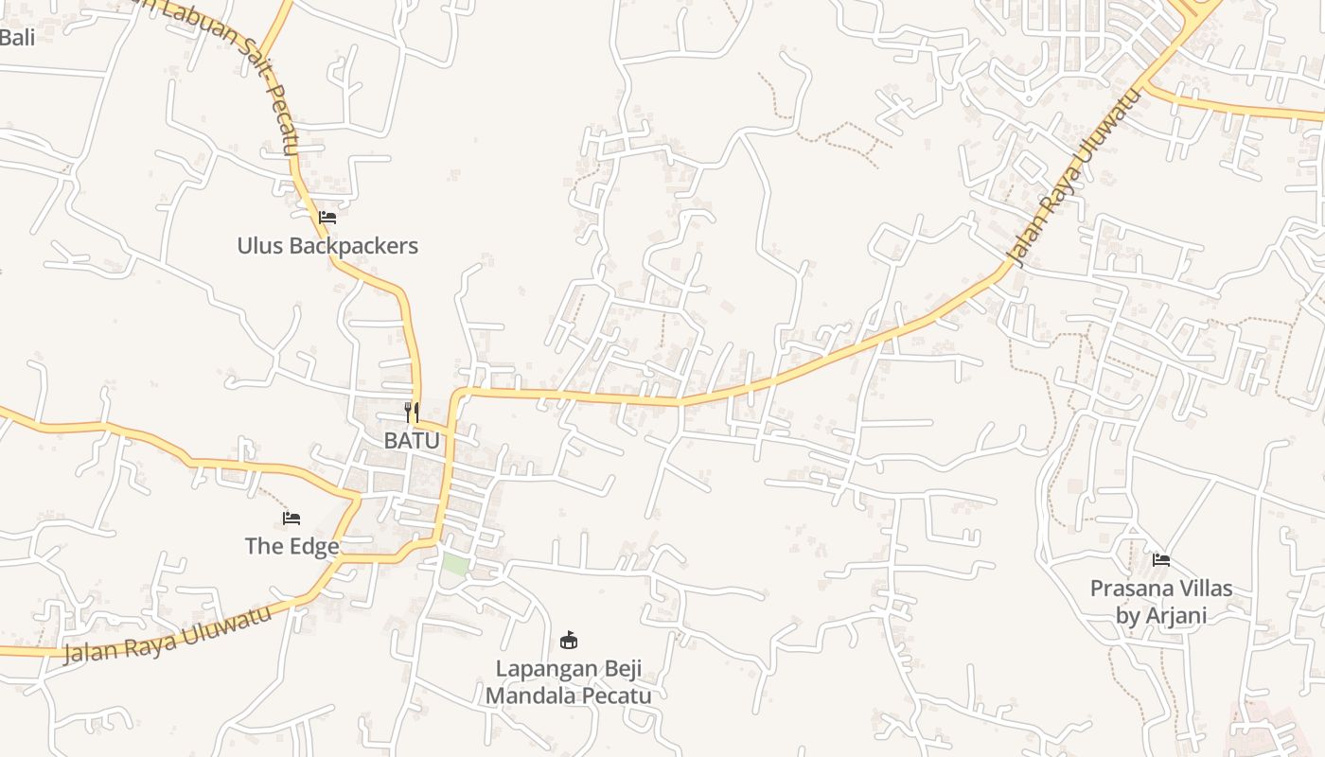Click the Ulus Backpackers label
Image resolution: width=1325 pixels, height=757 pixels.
(327, 246)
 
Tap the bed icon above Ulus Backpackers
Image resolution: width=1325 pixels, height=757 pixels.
(327, 217)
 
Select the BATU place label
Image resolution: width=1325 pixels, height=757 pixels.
(412, 440)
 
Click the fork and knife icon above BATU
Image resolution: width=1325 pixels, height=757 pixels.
(412, 412)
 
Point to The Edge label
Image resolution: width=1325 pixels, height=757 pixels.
(291, 546)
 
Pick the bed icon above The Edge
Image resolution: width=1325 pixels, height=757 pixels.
(291, 518)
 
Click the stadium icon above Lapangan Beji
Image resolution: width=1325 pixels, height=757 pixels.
(569, 641)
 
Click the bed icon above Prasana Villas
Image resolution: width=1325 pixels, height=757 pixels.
(1161, 560)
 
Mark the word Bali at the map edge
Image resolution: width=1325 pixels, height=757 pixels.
(16, 38)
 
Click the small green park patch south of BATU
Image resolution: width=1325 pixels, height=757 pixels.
(455, 564)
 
